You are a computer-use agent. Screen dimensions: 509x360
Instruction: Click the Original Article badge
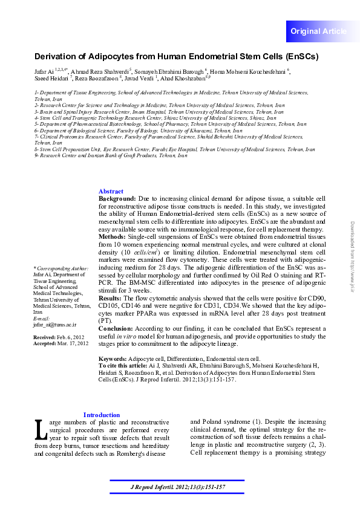pyautogui.click(x=318, y=31)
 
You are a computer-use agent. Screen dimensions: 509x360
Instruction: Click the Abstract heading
pyautogui.click(x=111, y=191)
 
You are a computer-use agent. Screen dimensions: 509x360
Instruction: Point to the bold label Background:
pyautogui.click(x=117, y=198)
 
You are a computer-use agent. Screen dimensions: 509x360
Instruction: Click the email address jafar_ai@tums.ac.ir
pyautogui.click(x=55, y=325)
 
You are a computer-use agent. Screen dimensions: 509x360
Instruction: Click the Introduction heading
pyautogui.click(x=101, y=415)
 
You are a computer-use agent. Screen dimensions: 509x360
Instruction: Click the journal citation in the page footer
pyautogui.click(x=178, y=487)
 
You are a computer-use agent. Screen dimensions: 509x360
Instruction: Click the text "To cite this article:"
pyautogui.click(x=122, y=366)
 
